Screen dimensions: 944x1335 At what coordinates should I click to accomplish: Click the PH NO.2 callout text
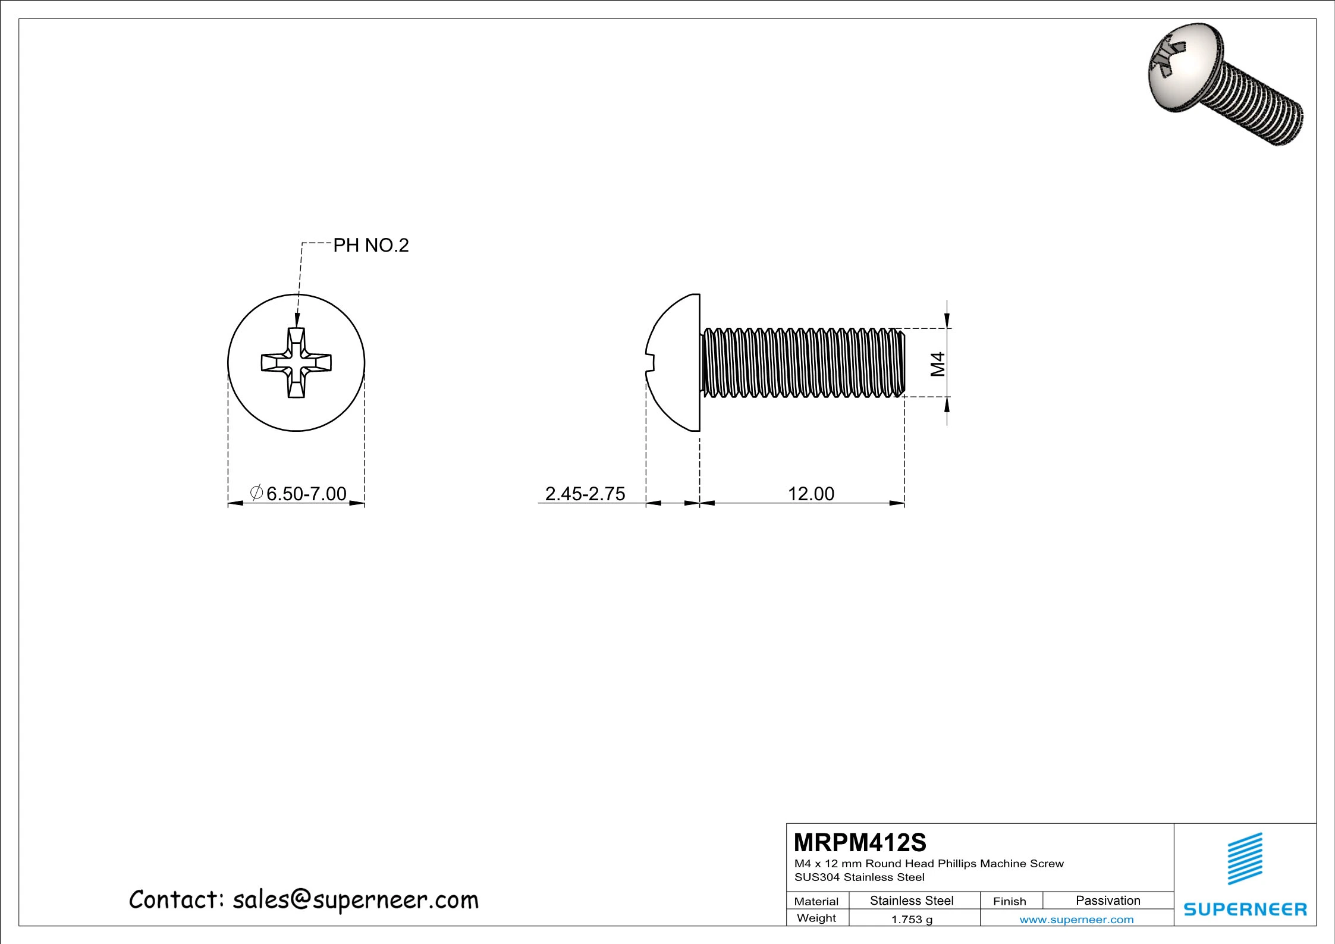370,245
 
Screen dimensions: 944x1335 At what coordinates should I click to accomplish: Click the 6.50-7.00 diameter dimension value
306,494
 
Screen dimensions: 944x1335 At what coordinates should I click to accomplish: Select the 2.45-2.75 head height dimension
585,494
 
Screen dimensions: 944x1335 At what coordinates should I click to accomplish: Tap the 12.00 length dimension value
811,494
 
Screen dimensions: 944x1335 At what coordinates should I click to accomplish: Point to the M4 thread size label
938,363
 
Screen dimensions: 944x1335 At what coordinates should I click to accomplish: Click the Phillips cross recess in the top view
296,362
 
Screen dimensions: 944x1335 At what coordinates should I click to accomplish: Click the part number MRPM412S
860,842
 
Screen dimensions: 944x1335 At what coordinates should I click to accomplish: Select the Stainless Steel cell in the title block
912,901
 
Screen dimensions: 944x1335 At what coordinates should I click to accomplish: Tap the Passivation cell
1108,901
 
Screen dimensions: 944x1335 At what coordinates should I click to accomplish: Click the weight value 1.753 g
912,919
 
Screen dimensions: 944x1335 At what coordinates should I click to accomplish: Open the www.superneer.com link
1076,920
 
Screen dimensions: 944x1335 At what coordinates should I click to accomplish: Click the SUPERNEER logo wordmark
1245,909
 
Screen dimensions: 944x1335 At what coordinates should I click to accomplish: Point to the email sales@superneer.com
355,900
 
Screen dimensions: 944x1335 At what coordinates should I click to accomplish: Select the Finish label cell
1009,901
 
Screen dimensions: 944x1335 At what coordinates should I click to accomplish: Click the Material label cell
816,901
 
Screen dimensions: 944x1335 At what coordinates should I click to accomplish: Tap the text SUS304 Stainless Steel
859,877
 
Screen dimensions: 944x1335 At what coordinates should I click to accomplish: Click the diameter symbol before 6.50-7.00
256,493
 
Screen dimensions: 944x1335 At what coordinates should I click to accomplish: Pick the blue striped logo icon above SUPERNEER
1245,858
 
